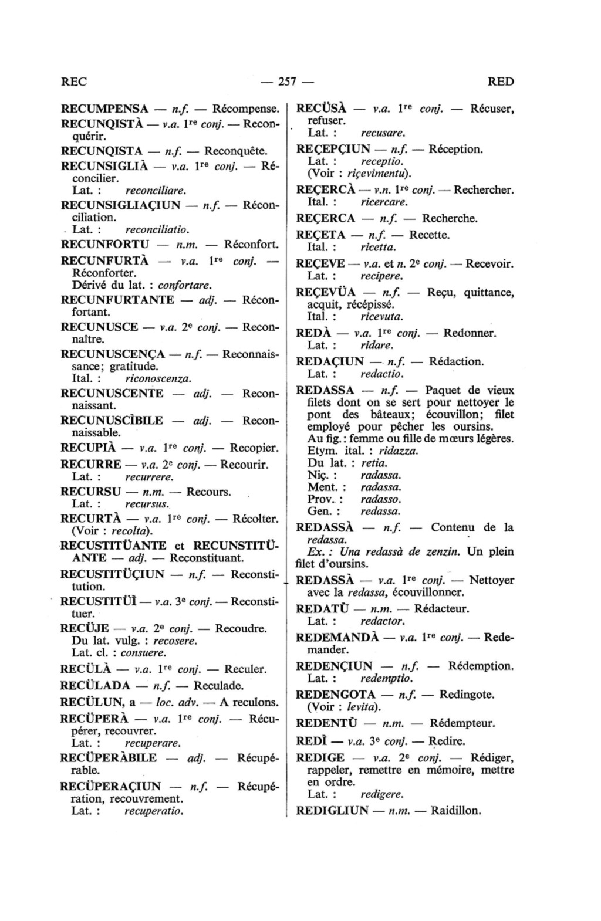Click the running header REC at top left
74,82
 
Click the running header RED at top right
501,82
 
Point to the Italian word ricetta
378,247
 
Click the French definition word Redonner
470,333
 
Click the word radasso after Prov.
381,499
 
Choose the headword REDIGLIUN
332,811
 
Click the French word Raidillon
455,811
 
